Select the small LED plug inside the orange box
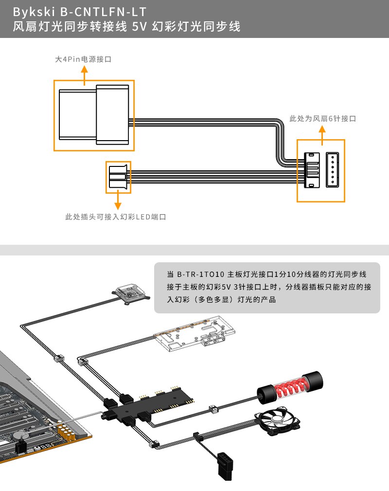(x=118, y=177)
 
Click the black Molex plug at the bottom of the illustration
(x=225, y=460)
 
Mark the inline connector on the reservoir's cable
(x=212, y=409)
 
